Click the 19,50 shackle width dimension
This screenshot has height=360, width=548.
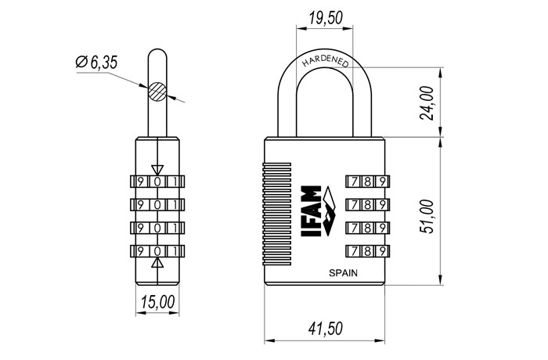[325, 17]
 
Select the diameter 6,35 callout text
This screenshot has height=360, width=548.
[97, 63]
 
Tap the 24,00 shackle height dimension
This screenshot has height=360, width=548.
[427, 103]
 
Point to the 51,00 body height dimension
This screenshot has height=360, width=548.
[427, 216]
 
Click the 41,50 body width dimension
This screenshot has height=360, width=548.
[326, 328]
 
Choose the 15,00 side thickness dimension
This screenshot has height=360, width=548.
[157, 302]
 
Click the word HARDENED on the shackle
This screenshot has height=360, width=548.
[326, 62]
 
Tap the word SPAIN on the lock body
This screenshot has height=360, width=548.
[343, 273]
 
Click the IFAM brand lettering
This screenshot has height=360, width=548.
[311, 211]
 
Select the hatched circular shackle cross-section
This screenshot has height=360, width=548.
[157, 92]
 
